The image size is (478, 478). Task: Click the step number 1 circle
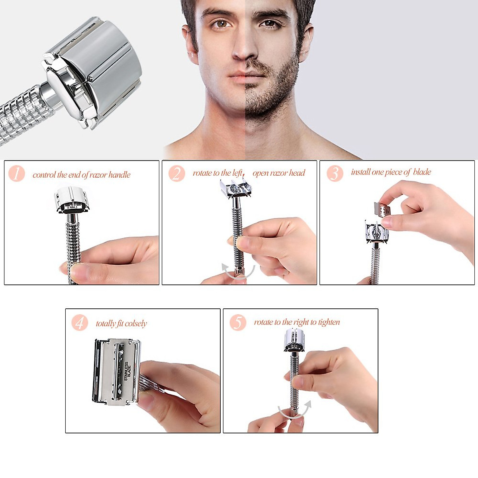(17, 174)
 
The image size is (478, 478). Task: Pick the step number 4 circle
(80, 322)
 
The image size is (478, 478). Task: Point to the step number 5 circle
(238, 322)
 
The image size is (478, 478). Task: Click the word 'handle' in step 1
(119, 174)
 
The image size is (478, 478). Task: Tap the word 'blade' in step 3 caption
(422, 172)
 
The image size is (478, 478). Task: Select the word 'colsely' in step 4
(136, 323)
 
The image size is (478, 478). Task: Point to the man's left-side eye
(220, 24)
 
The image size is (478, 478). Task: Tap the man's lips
(244, 76)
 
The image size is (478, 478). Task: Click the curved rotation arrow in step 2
(238, 273)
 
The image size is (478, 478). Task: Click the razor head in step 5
(295, 340)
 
